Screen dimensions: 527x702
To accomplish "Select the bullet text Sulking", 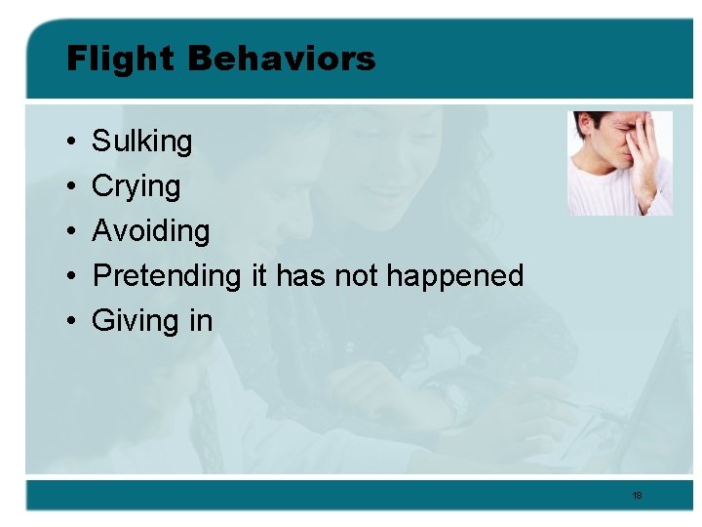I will pos(142,142).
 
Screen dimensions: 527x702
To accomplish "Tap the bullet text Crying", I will pos(136,186).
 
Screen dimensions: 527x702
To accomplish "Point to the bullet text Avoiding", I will pos(151,231).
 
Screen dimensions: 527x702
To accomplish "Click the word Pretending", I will pos(166,276).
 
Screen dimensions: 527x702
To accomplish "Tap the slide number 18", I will pos(637,496).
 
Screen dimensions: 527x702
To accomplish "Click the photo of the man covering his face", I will pos(620,163).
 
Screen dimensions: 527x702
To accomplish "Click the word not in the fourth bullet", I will pos(358,276).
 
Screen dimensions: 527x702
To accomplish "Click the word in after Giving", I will pos(199,321).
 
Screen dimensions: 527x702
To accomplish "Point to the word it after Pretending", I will pos(259,276).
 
